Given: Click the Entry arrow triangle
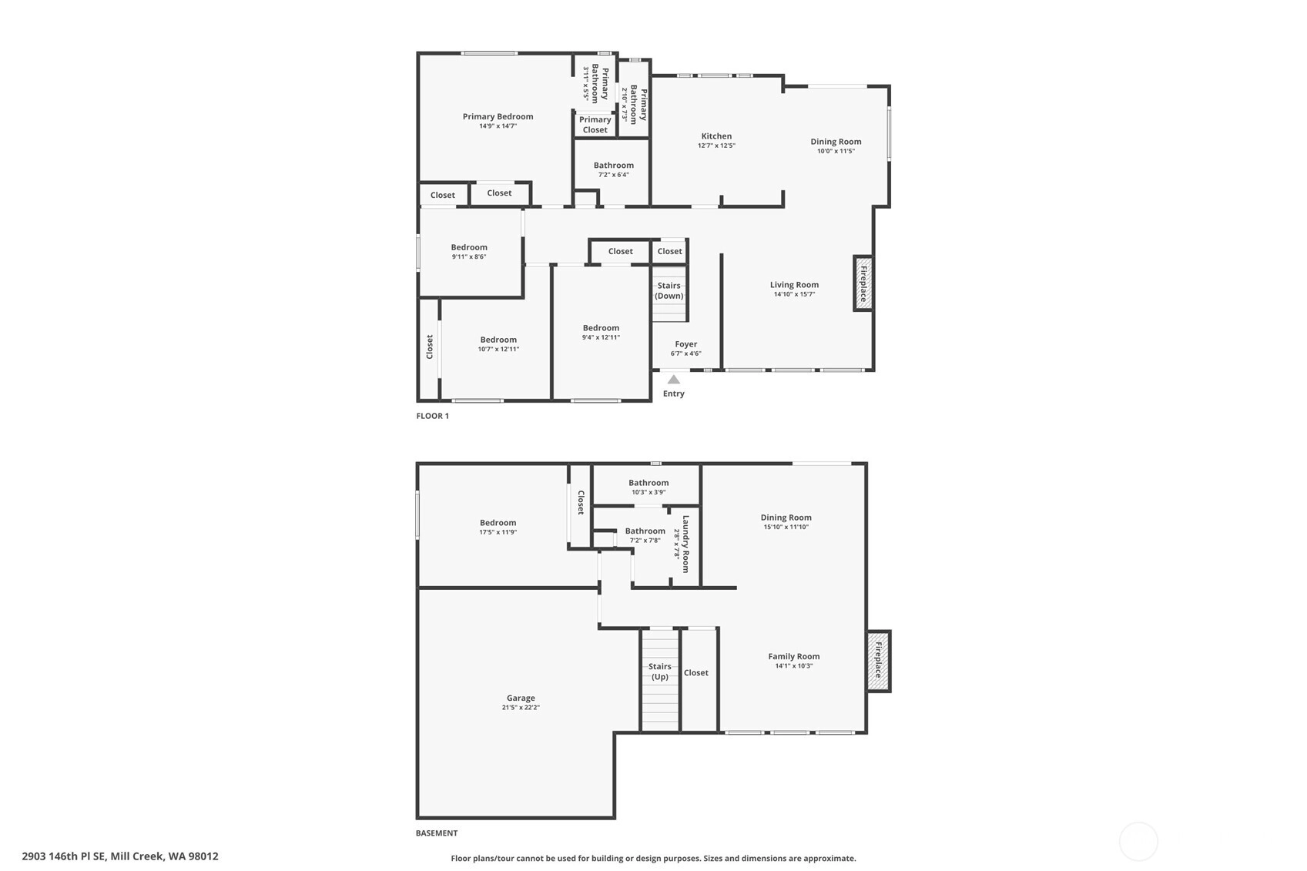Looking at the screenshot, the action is (x=673, y=379).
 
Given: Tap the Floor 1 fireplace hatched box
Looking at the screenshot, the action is (x=863, y=283).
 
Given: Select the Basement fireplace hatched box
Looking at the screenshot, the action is (x=878, y=662).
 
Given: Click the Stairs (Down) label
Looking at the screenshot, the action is (x=669, y=290).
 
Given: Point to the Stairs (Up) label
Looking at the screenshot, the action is (x=660, y=672).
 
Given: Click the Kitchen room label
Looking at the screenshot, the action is (x=716, y=136).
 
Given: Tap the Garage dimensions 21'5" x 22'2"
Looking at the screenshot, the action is (x=521, y=708).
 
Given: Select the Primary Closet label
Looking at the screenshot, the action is (x=595, y=124).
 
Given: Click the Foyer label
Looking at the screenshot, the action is (x=686, y=344).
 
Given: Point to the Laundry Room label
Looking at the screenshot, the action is (x=685, y=544).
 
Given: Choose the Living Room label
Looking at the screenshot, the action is (x=794, y=285).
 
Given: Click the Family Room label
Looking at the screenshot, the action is (x=793, y=656).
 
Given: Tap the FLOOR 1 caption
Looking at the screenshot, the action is (x=432, y=416).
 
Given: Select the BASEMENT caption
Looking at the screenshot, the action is (x=437, y=833).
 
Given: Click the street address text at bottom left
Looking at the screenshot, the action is (x=120, y=856).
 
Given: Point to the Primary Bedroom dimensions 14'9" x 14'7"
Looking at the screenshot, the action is (x=498, y=126).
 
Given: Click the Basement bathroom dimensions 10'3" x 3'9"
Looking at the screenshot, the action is (x=648, y=492).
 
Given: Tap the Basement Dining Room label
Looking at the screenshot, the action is (x=786, y=518).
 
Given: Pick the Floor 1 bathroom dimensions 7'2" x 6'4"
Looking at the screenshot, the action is (x=614, y=175).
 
